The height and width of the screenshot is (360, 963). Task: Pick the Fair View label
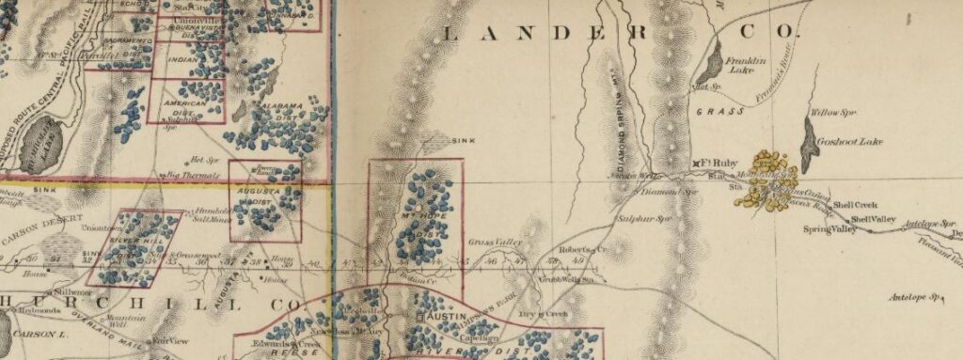(x=170, y=340)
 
